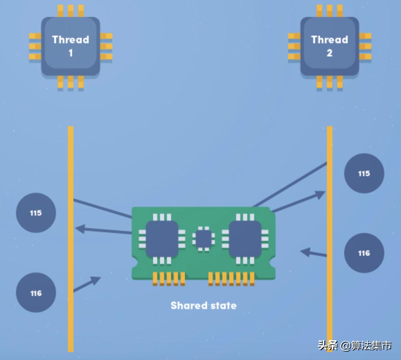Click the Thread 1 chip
71,46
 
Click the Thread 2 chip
329,46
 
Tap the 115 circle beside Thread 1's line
36,213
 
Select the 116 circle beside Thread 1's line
36,293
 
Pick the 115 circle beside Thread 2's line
364,173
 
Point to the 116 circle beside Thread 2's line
364,253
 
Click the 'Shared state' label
204,306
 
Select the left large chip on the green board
162,239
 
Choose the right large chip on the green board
245,239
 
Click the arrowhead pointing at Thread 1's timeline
80,228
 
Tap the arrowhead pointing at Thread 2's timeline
320,195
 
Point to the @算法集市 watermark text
366,345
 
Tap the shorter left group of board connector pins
169,279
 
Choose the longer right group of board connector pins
231,279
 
